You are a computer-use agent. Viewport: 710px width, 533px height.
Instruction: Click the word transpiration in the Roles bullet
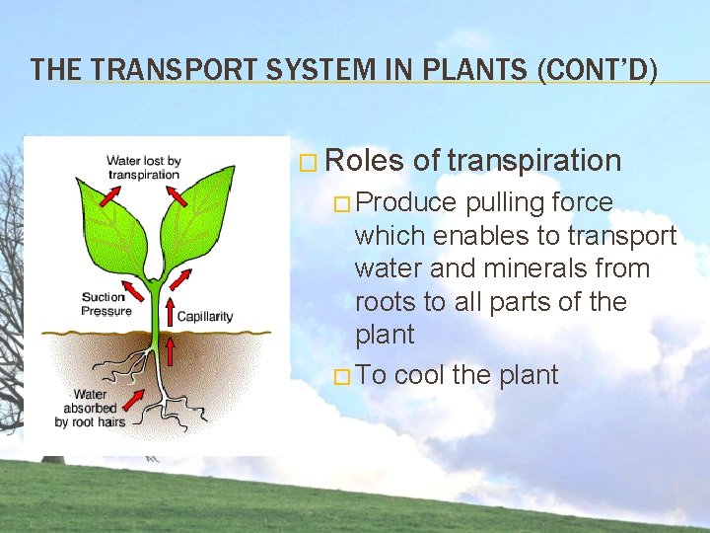point(534,160)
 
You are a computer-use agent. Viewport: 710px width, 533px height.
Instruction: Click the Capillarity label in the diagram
point(204,317)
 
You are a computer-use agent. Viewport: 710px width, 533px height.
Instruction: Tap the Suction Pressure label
point(106,304)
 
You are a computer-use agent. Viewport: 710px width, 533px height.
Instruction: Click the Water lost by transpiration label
point(143,168)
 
